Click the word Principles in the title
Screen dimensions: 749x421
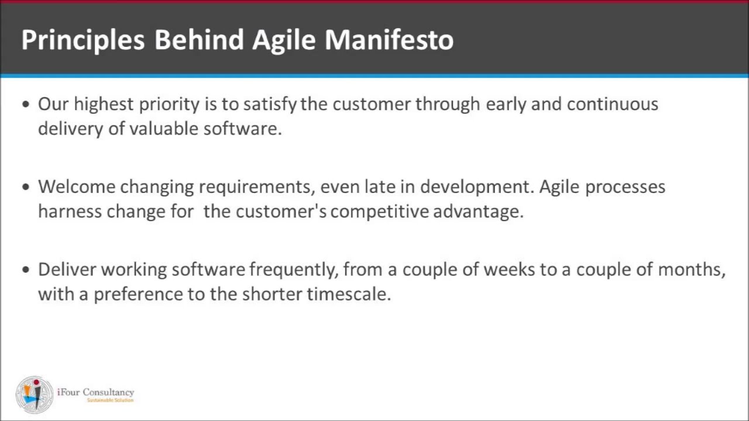[x=83, y=40]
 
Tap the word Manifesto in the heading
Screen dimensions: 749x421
[x=389, y=40]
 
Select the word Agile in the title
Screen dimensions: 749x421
[x=284, y=40]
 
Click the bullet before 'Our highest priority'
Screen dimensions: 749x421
[x=26, y=104]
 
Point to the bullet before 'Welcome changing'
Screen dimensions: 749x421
[x=26, y=187]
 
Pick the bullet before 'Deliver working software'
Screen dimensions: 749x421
[x=26, y=270]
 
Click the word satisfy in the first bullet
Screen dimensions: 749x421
[x=270, y=105]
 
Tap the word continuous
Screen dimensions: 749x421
[x=613, y=104]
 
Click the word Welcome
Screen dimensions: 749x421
[x=77, y=187]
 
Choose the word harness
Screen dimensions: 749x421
[x=70, y=212]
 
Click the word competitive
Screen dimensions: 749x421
[x=380, y=212]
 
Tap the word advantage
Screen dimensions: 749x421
[x=478, y=212]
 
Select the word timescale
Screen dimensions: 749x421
[x=349, y=294]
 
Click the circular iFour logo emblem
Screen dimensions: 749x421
[x=35, y=395]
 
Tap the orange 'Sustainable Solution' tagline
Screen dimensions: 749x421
[x=111, y=401]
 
